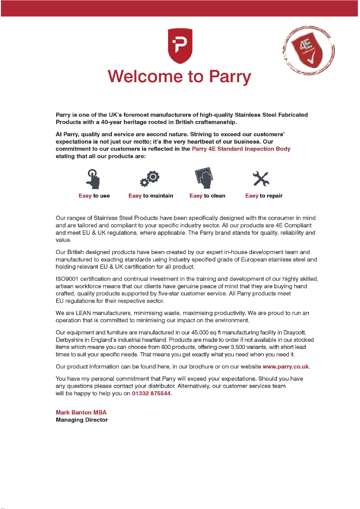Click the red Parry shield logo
pos(180,46)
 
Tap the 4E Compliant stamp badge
pos(309,50)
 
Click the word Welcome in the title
pos(145,76)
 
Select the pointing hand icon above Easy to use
pos(93,179)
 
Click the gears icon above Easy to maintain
pos(150,179)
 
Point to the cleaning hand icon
pos(204,178)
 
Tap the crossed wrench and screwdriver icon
pos(261,179)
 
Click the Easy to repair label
pos(264,196)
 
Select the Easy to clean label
pos(207,196)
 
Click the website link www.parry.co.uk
pos(286,367)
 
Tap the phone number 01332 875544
pos(151,393)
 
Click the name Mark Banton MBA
pos(81,413)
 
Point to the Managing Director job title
pos(82,420)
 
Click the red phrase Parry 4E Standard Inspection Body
pos(241,149)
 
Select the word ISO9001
pos(67,279)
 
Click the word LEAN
pos(83,313)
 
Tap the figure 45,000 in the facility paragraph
pos(200,333)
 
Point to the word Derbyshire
pos(70,340)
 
